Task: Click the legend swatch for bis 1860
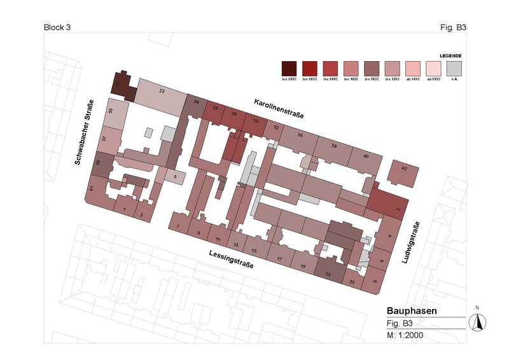click(289, 67)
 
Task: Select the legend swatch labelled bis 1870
click(310, 67)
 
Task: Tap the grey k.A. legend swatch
click(454, 67)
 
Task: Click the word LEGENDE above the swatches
click(450, 55)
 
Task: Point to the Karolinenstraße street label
click(278, 109)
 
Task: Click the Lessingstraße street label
click(230, 259)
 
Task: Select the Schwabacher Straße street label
click(85, 132)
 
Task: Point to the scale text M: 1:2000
click(405, 334)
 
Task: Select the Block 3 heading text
click(57, 27)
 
